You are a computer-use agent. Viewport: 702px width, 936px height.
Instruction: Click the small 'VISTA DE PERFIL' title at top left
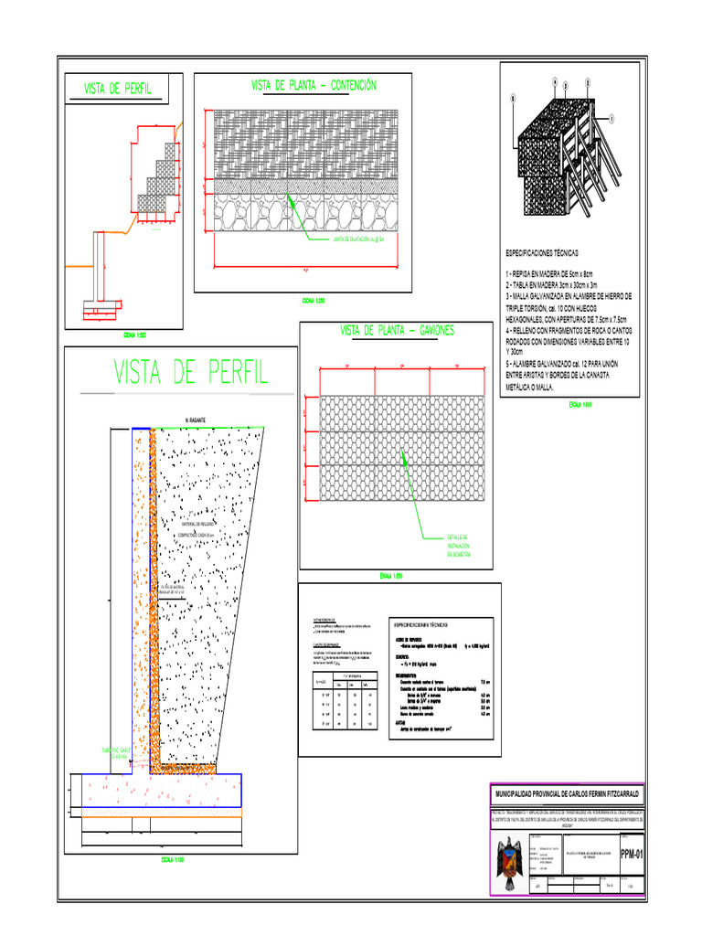pos(117,90)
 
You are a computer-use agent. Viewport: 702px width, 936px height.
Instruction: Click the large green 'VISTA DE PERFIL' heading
pos(191,372)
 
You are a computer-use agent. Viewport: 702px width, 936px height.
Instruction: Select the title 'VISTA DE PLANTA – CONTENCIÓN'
pos(313,85)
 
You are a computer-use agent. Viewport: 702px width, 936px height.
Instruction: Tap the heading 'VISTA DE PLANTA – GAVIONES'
pos(397,330)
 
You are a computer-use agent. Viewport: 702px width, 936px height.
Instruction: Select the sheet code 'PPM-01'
pos(632,856)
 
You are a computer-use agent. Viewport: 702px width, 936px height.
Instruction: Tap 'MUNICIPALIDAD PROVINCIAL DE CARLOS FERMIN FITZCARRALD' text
pos(567,794)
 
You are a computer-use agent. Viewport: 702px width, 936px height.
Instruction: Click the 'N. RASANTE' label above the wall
pos(195,420)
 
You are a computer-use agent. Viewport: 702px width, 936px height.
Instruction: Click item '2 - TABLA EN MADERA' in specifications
pos(549,285)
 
